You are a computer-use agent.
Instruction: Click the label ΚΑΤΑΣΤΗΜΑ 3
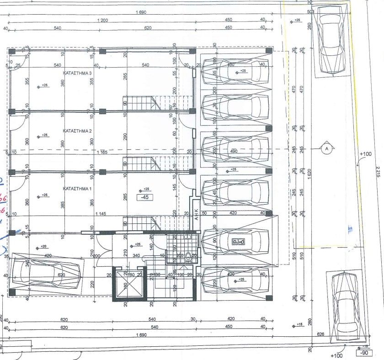[77, 73]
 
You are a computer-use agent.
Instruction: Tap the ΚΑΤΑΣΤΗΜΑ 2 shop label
[77, 131]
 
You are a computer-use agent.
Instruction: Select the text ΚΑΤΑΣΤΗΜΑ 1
[77, 188]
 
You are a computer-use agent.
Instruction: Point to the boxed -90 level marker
[364, 353]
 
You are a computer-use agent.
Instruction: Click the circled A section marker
[326, 148]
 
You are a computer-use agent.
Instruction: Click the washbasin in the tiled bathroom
[187, 237]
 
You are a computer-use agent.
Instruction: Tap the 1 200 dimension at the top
[102, 20]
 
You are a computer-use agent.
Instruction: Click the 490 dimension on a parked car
[234, 152]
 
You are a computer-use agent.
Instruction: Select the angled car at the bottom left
[46, 272]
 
